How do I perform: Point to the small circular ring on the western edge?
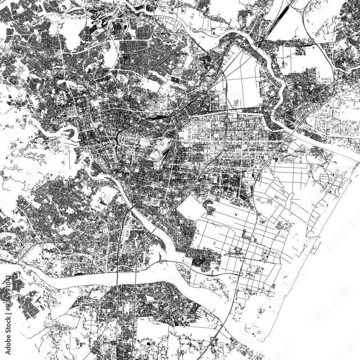point(17,166)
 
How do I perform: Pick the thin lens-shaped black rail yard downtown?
point(155,117)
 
